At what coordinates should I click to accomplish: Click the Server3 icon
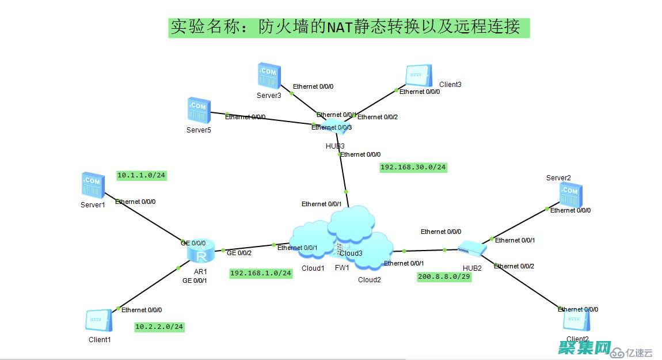268,75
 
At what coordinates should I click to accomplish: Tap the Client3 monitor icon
418,76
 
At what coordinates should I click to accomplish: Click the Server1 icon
93,185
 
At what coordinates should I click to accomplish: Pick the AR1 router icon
201,252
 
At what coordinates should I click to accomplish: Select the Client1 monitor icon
98,321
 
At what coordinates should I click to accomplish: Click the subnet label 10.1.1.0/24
142,175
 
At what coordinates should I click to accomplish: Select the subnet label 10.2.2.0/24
159,327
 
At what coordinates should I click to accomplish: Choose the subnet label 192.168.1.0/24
261,273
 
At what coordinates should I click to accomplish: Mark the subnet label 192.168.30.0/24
413,167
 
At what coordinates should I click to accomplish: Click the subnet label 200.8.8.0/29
444,276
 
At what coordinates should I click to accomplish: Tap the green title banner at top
349,27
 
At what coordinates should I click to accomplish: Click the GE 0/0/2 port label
239,253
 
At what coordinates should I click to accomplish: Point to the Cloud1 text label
313,268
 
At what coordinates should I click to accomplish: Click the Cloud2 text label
370,280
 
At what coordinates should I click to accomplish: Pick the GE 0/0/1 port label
195,281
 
